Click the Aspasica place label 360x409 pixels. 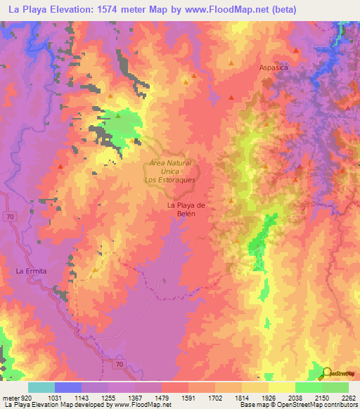[x=273, y=68]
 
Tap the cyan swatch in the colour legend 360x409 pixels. [x=41, y=387]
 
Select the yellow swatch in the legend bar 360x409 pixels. [x=281, y=387]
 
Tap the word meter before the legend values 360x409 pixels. [x=11, y=398]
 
